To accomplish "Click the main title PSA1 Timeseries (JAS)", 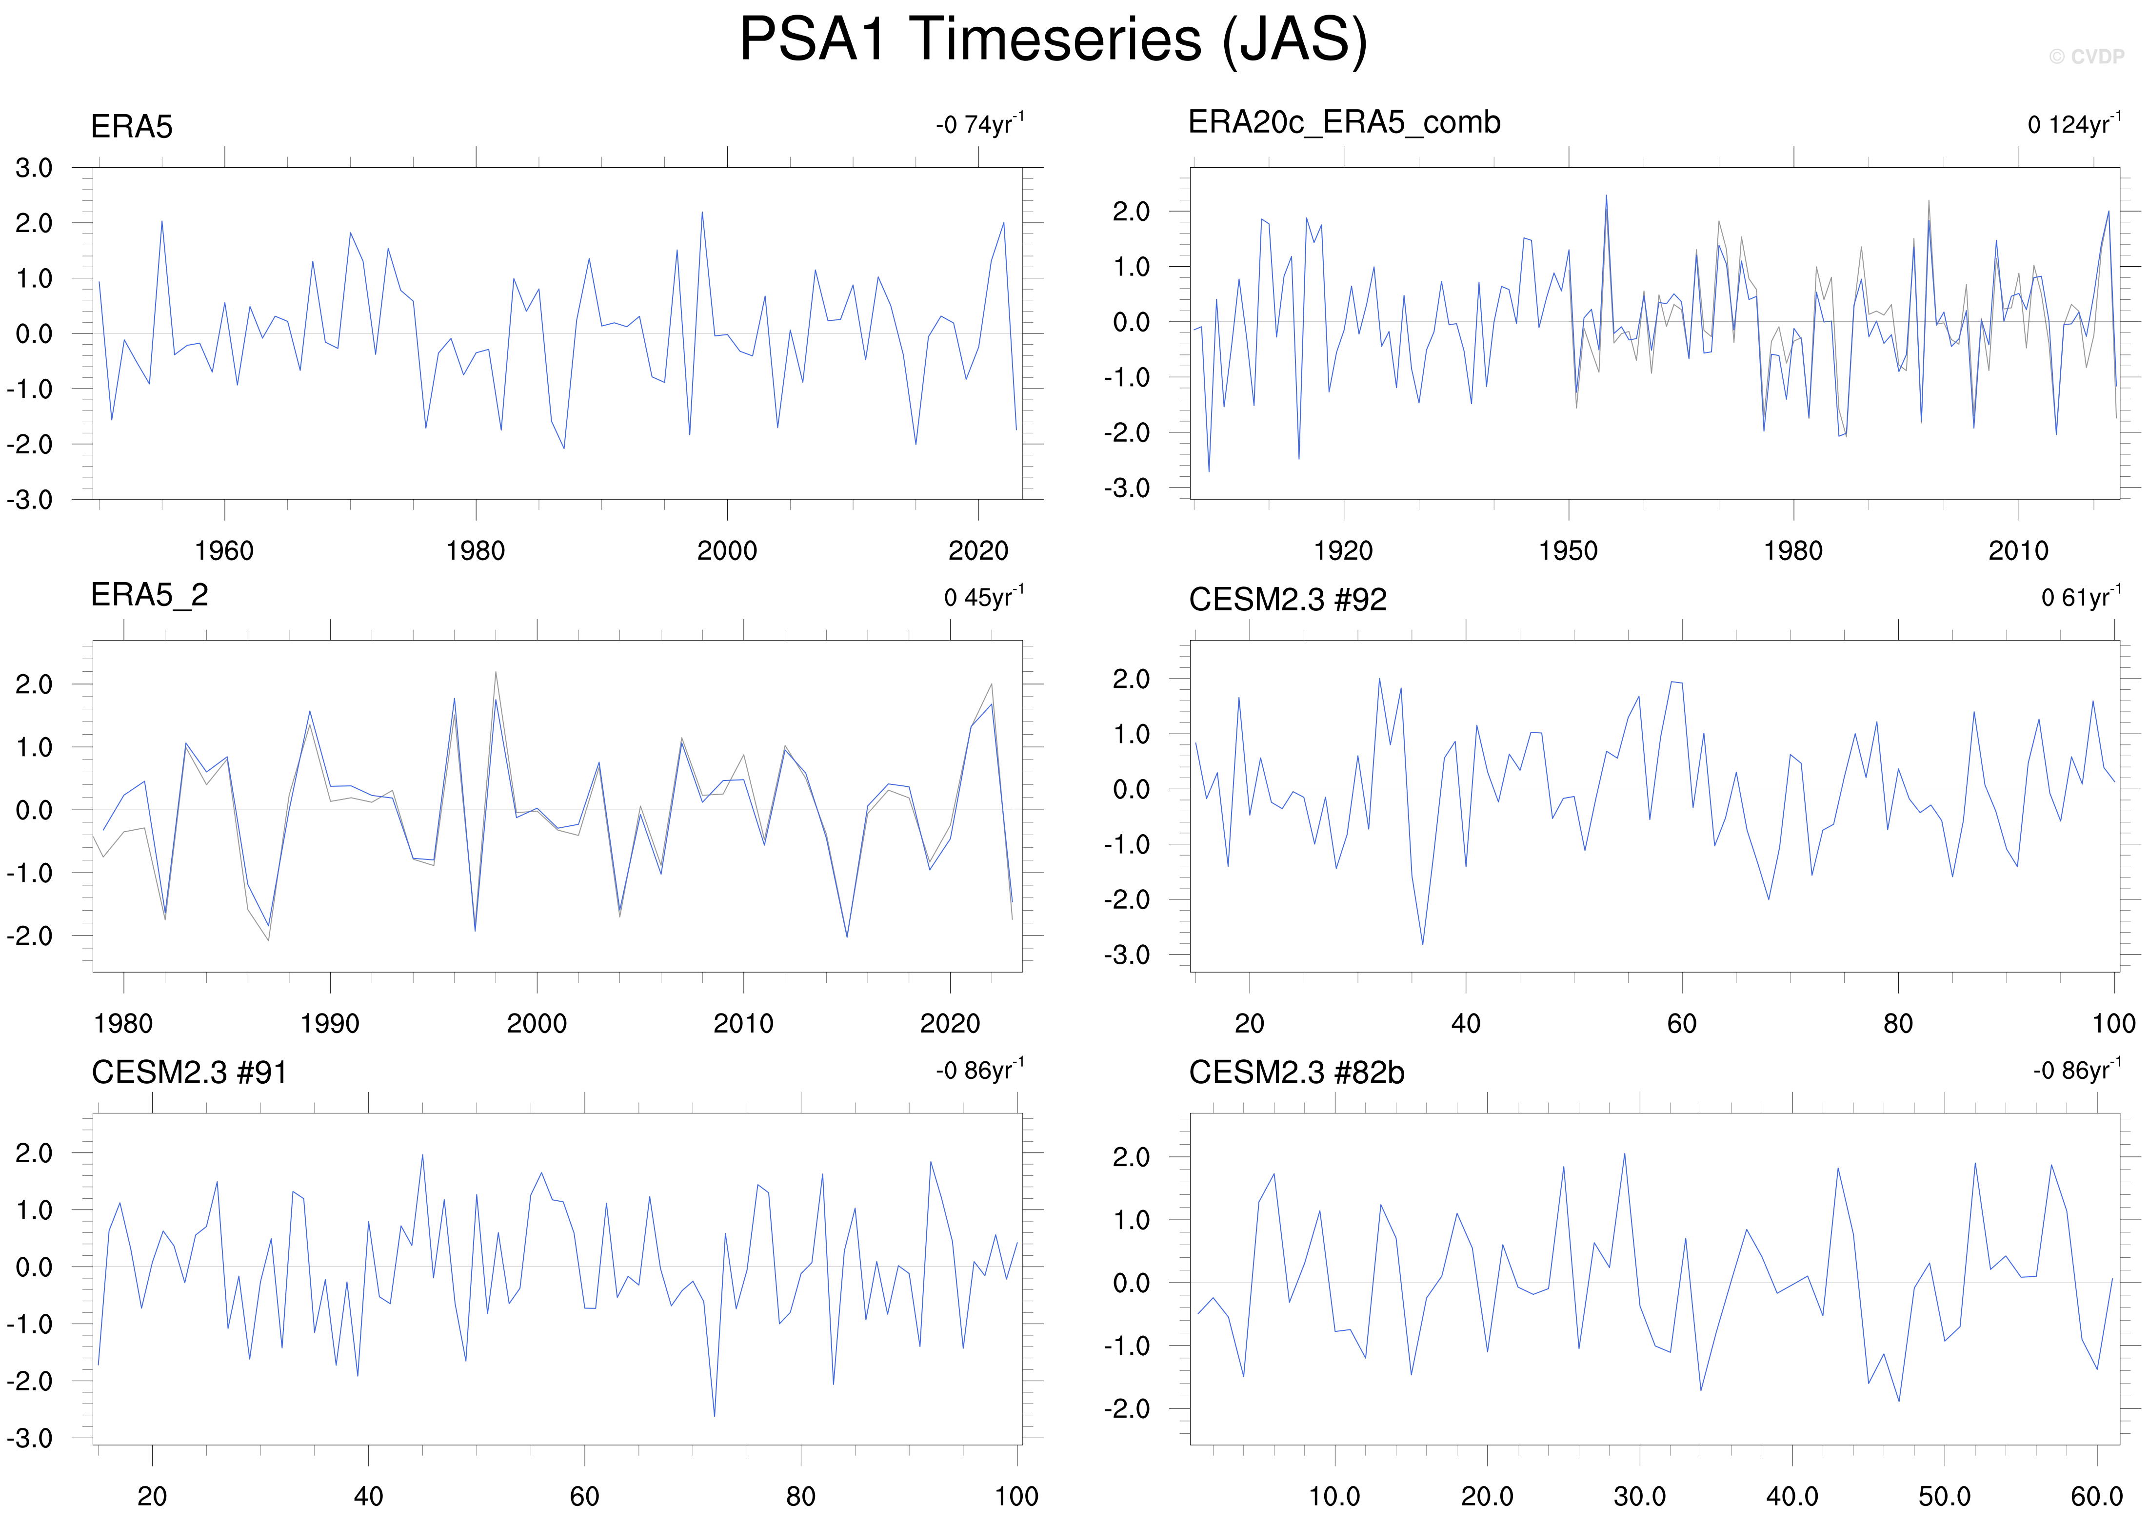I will [x=1053, y=40].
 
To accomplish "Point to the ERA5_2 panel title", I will [x=149, y=595].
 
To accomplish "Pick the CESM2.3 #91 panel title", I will [x=189, y=1072].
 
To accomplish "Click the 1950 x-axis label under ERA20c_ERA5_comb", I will [x=1568, y=551].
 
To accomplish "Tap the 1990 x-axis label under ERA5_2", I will [x=330, y=1024].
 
